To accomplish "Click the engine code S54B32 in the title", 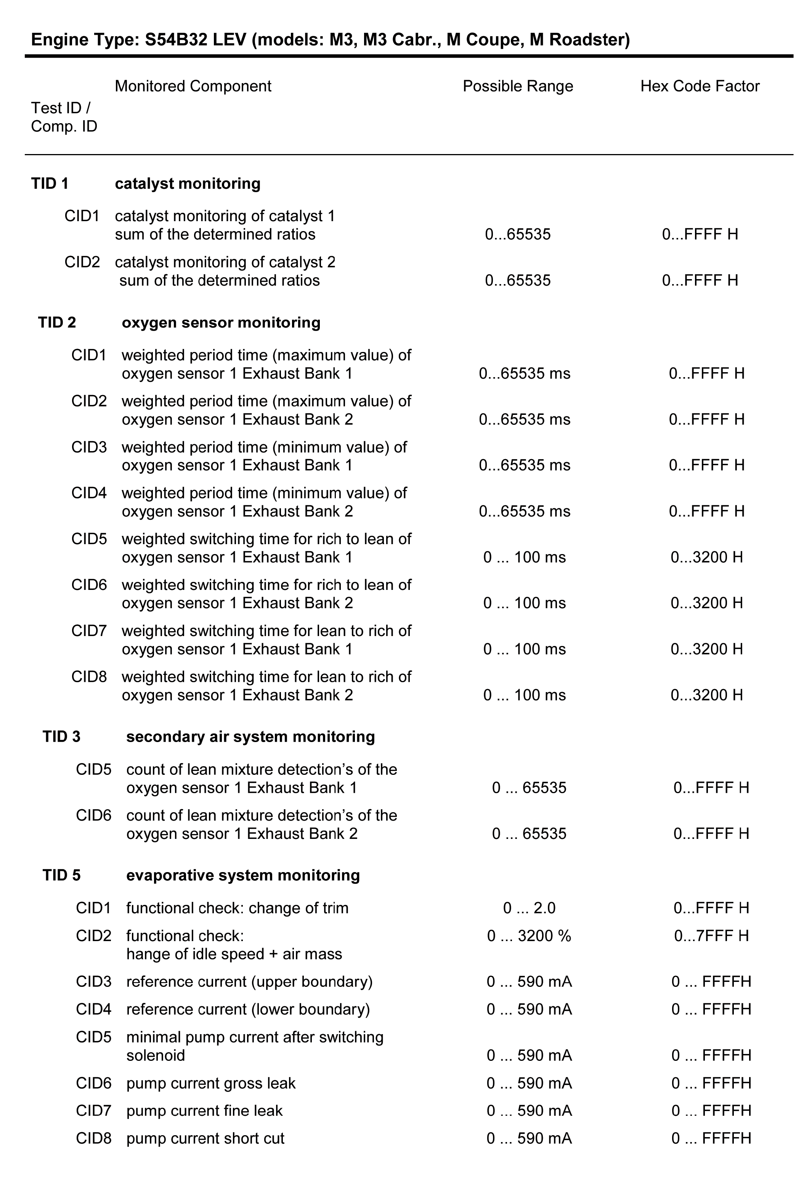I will (x=176, y=39).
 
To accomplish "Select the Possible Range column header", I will (x=518, y=86).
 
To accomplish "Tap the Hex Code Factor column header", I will (x=700, y=86).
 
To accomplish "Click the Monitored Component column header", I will (x=193, y=86).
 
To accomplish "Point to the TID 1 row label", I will (x=50, y=183).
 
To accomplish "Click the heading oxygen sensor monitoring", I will (x=221, y=323).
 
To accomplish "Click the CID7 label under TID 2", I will (x=89, y=631).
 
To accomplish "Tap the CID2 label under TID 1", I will (x=82, y=262).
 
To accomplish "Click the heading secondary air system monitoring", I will (x=250, y=737).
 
